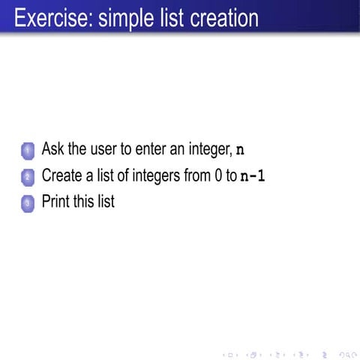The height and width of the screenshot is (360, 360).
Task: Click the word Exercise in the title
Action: [49, 17]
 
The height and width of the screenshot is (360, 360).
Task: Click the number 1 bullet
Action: [28, 151]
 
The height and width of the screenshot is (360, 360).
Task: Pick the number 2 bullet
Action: [28, 178]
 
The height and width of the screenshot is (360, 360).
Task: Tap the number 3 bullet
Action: [28, 202]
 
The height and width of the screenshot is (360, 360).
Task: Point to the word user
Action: [105, 148]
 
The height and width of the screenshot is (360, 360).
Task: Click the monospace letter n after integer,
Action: [240, 149]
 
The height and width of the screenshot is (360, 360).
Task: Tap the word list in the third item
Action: [107, 201]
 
